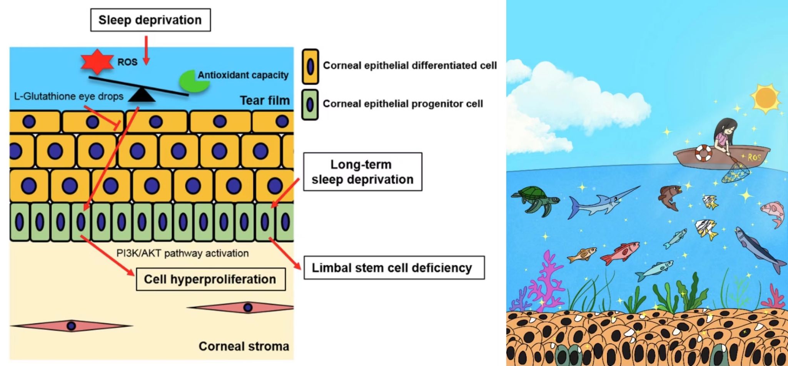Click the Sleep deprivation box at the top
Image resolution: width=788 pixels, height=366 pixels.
150,20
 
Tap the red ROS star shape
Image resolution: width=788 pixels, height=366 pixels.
97,62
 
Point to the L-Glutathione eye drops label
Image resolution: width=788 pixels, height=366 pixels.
68,96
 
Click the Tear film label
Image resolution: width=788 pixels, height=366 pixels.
264,100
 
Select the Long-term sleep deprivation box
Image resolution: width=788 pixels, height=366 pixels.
362,172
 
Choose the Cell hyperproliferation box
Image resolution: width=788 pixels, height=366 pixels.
210,279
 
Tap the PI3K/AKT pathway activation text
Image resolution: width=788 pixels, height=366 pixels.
182,253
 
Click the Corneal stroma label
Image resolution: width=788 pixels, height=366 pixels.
244,346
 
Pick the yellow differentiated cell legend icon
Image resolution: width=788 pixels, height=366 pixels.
310,67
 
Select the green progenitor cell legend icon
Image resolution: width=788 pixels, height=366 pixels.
310,105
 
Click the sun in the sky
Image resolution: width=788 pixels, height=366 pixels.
765,97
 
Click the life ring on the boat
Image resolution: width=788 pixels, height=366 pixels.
703,153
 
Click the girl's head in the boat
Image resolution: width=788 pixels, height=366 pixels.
726,127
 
